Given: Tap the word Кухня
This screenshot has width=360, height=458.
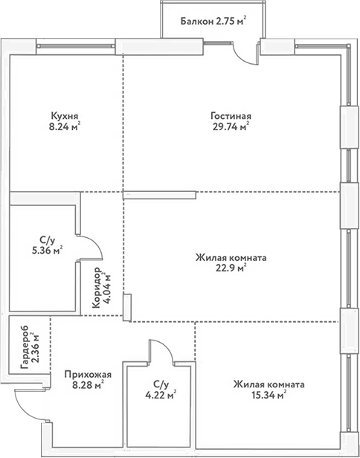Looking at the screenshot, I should pyautogui.click(x=65, y=116).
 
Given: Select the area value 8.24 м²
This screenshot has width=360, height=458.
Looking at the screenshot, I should pyautogui.click(x=65, y=126).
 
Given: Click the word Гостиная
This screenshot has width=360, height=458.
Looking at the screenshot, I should pyautogui.click(x=231, y=116).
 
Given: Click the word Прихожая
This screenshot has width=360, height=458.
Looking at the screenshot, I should pyautogui.click(x=83, y=375).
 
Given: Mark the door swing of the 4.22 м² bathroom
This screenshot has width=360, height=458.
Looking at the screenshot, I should pyautogui.click(x=159, y=351).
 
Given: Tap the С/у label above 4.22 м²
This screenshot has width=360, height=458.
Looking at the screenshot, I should pyautogui.click(x=159, y=385).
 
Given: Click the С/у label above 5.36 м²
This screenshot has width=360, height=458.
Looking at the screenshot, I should pyautogui.click(x=47, y=240).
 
